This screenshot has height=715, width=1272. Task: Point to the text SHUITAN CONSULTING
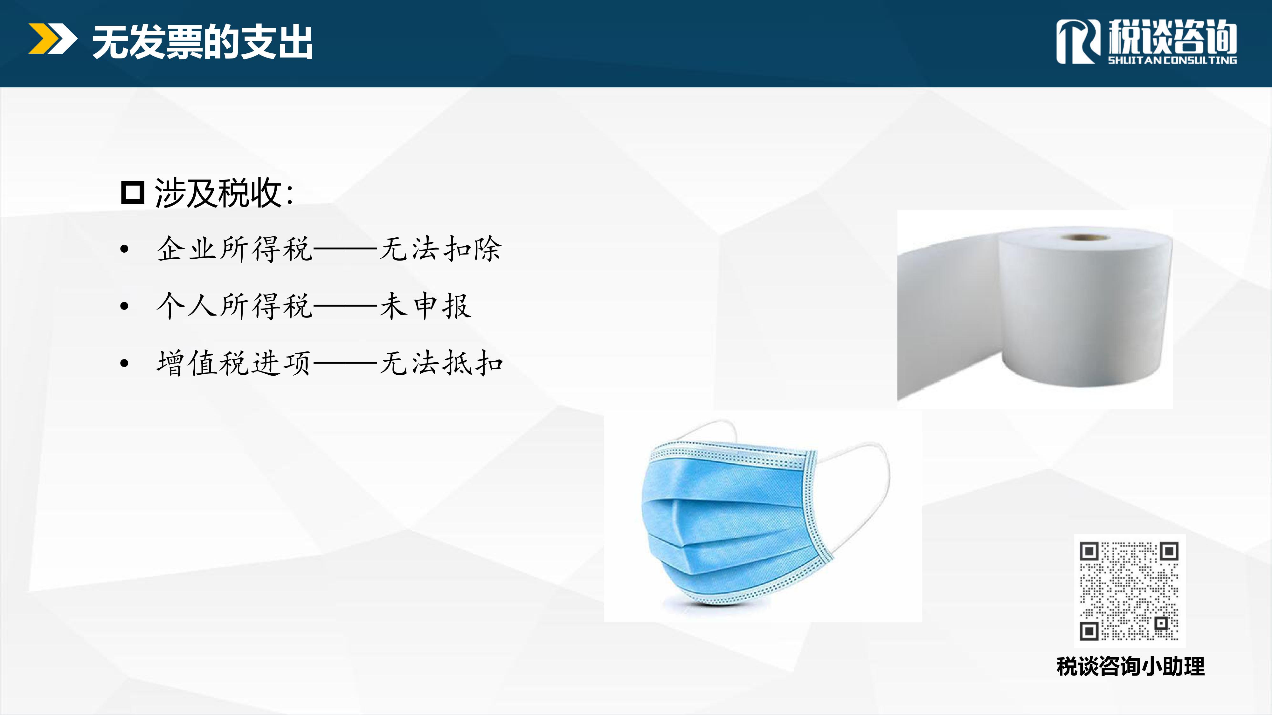(1172, 60)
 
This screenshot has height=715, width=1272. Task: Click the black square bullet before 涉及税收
(132, 193)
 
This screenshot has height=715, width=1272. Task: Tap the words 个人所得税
(235, 306)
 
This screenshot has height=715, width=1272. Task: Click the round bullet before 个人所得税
(124, 306)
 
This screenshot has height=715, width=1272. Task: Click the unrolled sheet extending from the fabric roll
(948, 316)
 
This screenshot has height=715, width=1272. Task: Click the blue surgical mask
(736, 523)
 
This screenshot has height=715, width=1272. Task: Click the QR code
(1129, 591)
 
